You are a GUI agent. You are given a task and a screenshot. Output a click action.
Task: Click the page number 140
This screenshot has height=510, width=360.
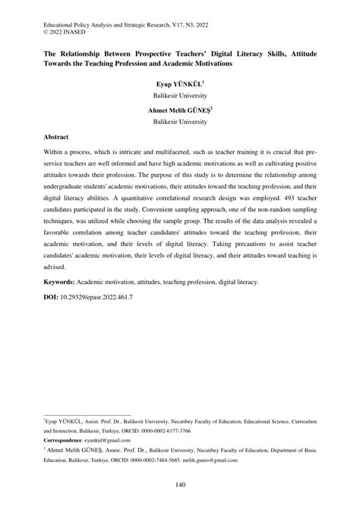coord(180,486)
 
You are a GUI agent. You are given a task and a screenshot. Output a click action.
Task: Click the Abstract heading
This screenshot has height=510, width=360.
coord(62,138)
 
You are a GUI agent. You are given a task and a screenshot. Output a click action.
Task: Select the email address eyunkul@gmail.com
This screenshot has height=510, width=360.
coord(122,439)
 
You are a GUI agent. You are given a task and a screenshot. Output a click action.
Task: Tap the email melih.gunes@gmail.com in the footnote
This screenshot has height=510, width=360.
coord(219,460)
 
